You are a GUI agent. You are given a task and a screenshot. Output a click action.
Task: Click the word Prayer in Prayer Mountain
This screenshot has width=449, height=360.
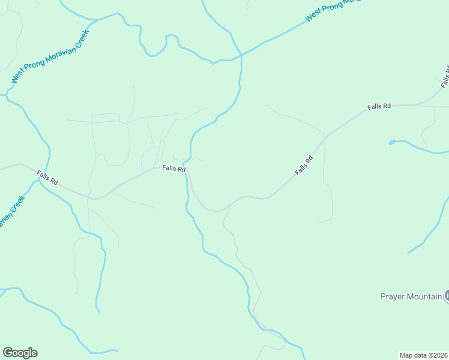point(393,296)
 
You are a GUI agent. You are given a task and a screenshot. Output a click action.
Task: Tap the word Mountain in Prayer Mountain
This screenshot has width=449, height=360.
point(424,296)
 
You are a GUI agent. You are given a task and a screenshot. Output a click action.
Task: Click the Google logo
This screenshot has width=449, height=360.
point(20,353)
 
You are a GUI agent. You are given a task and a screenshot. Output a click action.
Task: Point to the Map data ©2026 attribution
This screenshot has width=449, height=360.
point(424,355)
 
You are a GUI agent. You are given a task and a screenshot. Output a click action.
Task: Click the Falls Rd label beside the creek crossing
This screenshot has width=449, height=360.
point(173,169)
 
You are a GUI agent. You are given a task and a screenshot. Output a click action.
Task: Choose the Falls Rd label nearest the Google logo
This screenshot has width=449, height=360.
point(47,178)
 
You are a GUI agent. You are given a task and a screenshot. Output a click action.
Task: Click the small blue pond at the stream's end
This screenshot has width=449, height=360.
point(392,142)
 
